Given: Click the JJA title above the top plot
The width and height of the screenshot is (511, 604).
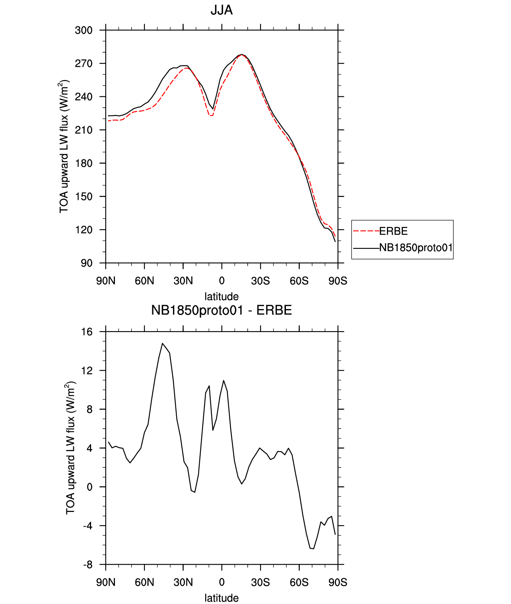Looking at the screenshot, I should click(x=221, y=10).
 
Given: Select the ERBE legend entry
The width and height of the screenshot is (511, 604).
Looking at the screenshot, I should click(x=393, y=231).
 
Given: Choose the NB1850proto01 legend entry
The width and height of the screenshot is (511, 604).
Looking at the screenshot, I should click(x=416, y=248).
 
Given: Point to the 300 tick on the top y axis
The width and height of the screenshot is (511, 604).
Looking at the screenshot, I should click(x=84, y=30).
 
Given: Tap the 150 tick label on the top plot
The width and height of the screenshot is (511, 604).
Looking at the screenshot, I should click(x=84, y=197).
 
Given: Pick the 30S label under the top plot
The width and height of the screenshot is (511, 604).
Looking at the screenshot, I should click(x=260, y=281).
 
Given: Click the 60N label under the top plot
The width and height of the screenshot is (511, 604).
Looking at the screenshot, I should click(x=144, y=281).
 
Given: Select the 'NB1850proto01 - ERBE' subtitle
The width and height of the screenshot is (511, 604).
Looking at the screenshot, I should click(x=221, y=310).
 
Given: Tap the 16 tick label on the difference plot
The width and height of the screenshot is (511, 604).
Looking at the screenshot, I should click(x=87, y=332).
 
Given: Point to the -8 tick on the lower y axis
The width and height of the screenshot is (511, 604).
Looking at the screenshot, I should click(x=87, y=565).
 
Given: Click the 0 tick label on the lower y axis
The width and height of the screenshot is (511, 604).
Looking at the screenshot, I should click(x=89, y=487).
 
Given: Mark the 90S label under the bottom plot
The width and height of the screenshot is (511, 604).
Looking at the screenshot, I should click(x=338, y=582).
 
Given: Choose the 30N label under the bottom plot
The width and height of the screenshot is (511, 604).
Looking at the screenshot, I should click(x=183, y=582).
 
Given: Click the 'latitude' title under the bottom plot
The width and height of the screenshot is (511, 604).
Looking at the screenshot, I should click(x=221, y=598).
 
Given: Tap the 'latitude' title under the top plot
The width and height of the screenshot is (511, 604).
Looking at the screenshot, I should click(x=221, y=296).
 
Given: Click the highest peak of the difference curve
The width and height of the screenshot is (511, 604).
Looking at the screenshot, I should click(x=162, y=343).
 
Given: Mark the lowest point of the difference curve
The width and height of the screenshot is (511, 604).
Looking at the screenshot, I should click(x=313, y=549).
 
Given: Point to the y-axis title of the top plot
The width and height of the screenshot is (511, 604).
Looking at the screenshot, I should click(x=64, y=147).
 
